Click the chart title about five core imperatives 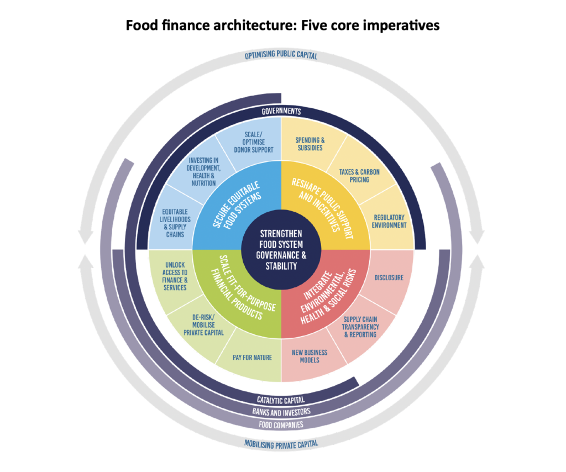(282, 25)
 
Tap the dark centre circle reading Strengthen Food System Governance (281, 250)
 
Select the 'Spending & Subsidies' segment (310, 144)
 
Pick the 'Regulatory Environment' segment (389, 221)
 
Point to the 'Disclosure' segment (389, 277)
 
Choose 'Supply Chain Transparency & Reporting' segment (360, 327)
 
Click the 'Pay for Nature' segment (252, 358)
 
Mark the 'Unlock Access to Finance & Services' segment (176, 280)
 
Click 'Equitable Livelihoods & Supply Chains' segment (175, 222)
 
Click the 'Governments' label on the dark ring (281, 112)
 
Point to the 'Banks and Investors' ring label (281, 412)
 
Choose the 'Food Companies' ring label (281, 424)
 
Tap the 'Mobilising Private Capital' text (281, 443)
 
